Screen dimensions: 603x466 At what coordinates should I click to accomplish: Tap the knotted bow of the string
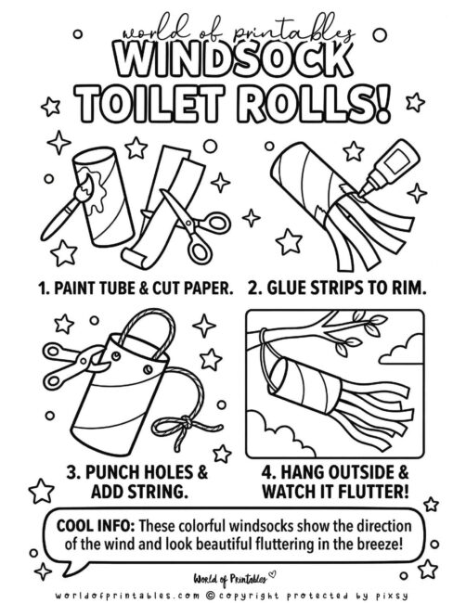(183, 427)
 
